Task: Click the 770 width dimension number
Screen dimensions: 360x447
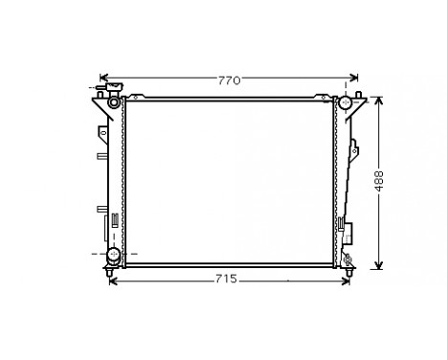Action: [228, 80]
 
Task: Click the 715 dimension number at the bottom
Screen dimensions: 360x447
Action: [226, 280]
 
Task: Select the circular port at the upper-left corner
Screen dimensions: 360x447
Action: [115, 101]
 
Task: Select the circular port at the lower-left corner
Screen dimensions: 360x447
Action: [115, 255]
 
